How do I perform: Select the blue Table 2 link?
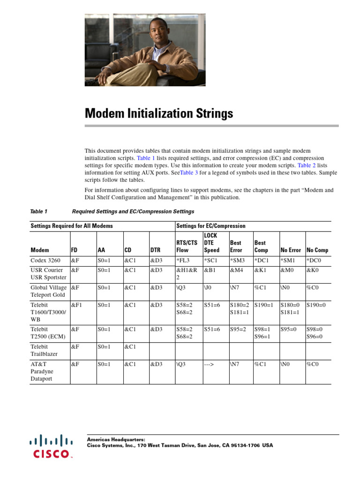click(x=307, y=165)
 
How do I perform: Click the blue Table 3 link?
click(x=189, y=172)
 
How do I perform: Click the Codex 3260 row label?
click(x=45, y=260)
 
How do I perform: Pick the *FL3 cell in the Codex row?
click(x=184, y=260)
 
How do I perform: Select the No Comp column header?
click(x=317, y=250)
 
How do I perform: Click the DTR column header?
click(x=156, y=250)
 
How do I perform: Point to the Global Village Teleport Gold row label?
click(x=49, y=291)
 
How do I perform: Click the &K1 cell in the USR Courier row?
click(x=260, y=270)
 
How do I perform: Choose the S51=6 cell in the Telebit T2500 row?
click(x=212, y=329)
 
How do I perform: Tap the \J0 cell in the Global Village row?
click(x=208, y=287)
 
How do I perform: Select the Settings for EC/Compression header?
click(x=211, y=226)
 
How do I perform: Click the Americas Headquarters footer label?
click(x=116, y=439)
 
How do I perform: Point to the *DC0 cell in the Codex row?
click(x=314, y=260)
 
